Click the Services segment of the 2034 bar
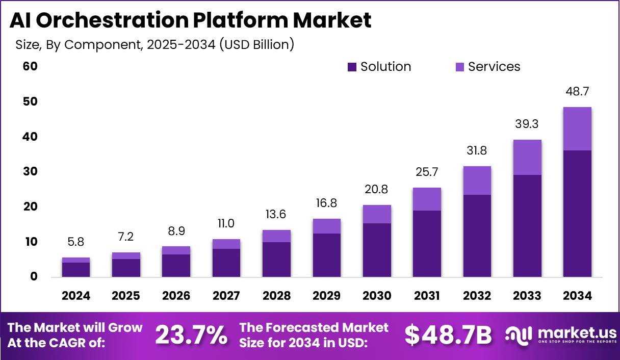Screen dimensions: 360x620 [577, 128]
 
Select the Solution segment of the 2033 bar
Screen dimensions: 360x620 [527, 225]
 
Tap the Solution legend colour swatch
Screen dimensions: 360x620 [352, 67]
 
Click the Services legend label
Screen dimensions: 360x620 [494, 67]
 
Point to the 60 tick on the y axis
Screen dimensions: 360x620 [31, 66]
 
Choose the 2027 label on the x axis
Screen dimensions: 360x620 [226, 296]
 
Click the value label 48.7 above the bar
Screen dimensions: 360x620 [577, 92]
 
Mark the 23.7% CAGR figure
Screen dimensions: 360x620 [191, 335]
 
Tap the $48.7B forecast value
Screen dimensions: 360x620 [449, 335]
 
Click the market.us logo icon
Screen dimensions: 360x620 [519, 334]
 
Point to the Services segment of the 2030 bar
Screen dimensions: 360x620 [377, 214]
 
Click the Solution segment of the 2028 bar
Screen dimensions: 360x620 [276, 259]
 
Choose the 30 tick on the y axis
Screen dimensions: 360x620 [31, 171]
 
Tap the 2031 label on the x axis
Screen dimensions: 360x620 [427, 296]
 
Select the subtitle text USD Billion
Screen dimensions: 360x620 [256, 45]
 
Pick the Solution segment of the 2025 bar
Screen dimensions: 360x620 [126, 268]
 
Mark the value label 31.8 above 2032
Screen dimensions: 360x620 [477, 151]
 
